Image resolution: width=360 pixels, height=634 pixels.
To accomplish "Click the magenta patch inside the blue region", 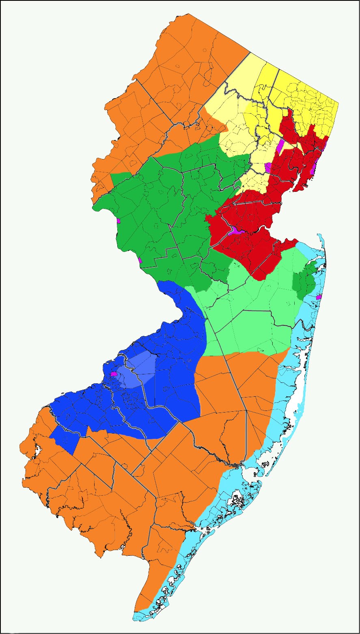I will [114, 374].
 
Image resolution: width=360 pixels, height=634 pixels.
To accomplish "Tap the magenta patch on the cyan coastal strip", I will [319, 297].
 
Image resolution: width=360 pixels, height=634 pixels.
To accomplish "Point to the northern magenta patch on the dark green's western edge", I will [119, 221].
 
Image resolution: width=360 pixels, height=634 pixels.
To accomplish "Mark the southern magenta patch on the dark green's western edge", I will [140, 260].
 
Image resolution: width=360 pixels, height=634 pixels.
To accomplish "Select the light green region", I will [252, 308].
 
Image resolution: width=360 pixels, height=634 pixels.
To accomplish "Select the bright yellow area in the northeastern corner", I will [313, 105].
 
